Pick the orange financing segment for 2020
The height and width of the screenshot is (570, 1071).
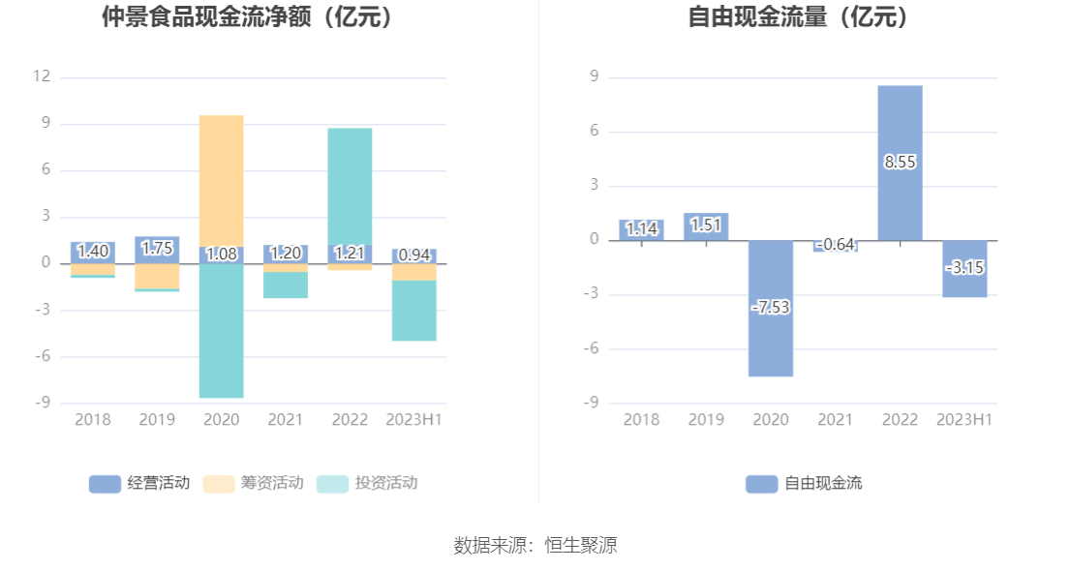(222, 180)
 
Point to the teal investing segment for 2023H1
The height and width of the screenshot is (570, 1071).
(413, 311)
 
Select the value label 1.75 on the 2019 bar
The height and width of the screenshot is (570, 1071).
(157, 249)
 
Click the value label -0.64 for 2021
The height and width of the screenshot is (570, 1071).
(835, 245)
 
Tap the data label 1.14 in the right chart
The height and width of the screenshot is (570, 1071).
(641, 229)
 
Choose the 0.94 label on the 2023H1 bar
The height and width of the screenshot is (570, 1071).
(413, 255)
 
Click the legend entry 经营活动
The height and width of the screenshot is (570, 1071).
(139, 483)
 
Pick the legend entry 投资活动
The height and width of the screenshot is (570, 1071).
(368, 483)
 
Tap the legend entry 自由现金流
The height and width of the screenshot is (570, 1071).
(805, 483)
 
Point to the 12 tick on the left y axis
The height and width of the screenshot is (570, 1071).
(42, 76)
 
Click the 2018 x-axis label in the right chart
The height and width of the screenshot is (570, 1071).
(641, 419)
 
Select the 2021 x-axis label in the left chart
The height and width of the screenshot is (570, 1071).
(286, 419)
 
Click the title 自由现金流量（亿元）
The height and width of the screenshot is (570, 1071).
(802, 16)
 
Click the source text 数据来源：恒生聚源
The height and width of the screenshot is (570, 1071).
(535, 545)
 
